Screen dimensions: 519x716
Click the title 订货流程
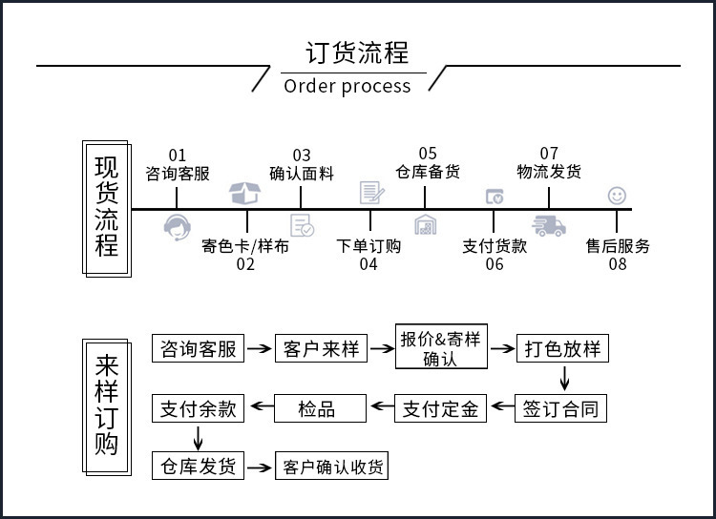click(x=356, y=52)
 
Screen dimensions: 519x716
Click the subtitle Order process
click(x=347, y=86)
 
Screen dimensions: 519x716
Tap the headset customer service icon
click(x=178, y=227)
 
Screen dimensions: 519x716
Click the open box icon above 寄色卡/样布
click(x=245, y=194)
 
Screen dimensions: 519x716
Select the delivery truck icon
click(x=548, y=226)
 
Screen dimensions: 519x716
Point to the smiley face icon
click(x=617, y=196)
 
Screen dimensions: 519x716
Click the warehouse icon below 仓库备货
click(x=426, y=225)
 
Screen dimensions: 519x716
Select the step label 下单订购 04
click(x=369, y=255)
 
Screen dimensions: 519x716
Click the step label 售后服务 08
click(x=618, y=255)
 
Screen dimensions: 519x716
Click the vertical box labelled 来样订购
click(x=107, y=405)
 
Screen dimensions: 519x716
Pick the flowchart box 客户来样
click(x=321, y=349)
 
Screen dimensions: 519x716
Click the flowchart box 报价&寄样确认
click(x=440, y=349)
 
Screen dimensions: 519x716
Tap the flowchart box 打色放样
click(x=562, y=349)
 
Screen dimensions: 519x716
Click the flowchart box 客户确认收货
click(x=331, y=467)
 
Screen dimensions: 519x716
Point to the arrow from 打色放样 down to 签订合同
click(x=563, y=378)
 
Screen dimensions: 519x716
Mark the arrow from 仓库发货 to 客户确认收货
click(x=259, y=467)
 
